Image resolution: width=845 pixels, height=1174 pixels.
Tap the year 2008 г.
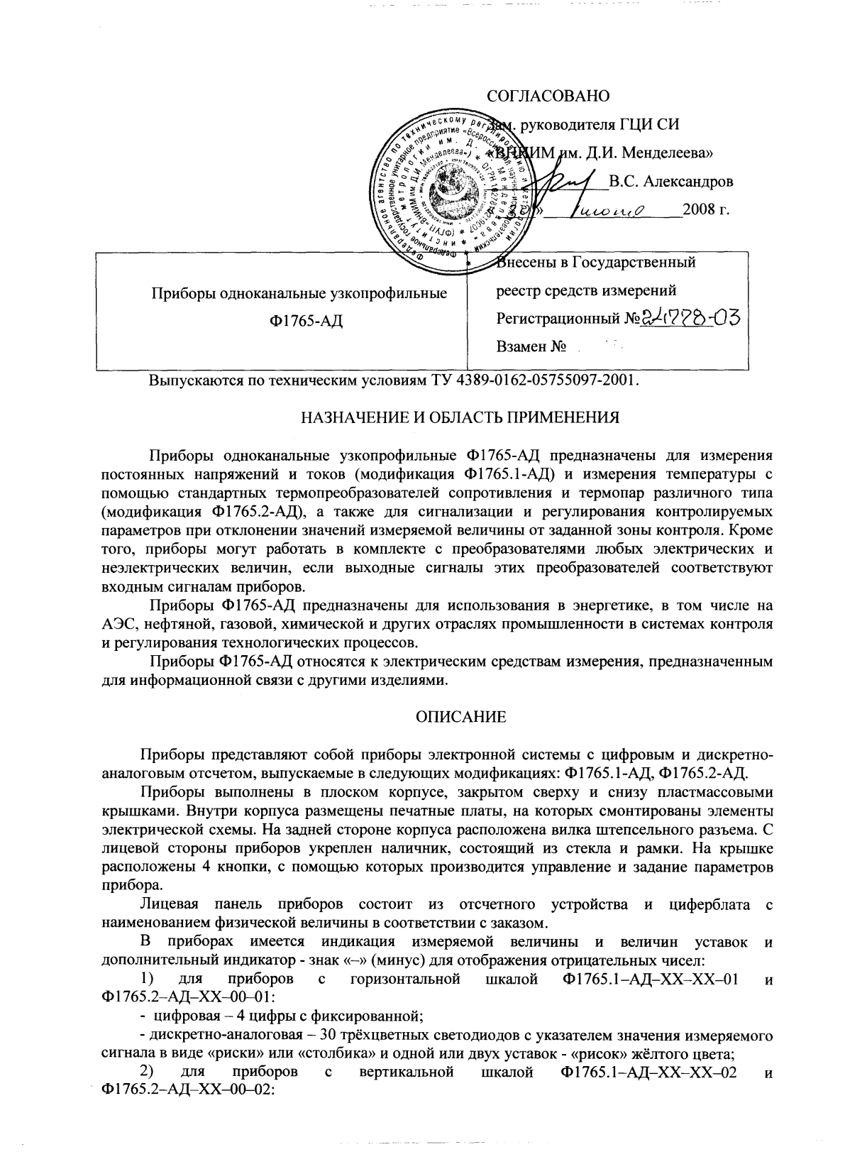(x=705, y=210)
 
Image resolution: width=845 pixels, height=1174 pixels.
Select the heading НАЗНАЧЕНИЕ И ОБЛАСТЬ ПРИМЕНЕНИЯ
(x=460, y=418)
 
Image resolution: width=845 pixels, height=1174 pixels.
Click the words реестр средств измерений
(x=585, y=290)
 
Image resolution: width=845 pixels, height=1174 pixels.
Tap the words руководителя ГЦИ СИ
(x=600, y=126)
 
